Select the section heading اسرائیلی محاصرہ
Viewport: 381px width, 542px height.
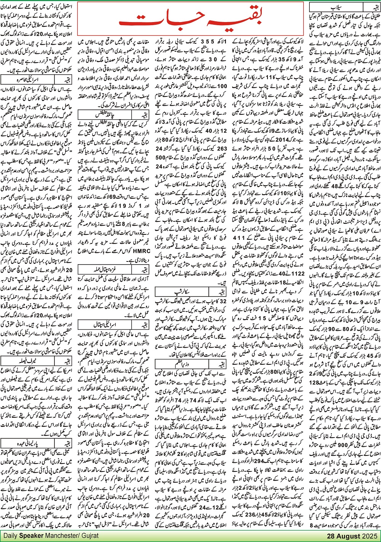(28, 79)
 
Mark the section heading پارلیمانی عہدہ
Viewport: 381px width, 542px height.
(28, 443)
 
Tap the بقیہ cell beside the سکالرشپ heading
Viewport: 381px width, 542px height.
(218, 292)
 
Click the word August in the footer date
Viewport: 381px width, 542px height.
(348, 536)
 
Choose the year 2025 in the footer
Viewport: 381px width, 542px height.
(369, 536)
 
